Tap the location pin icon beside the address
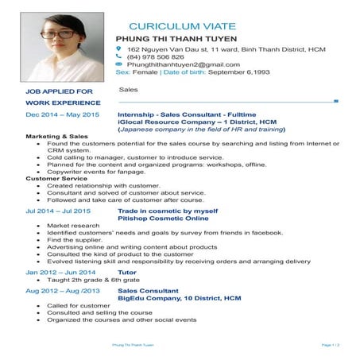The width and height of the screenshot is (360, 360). [119, 49]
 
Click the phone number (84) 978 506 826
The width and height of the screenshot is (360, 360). [156, 57]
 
